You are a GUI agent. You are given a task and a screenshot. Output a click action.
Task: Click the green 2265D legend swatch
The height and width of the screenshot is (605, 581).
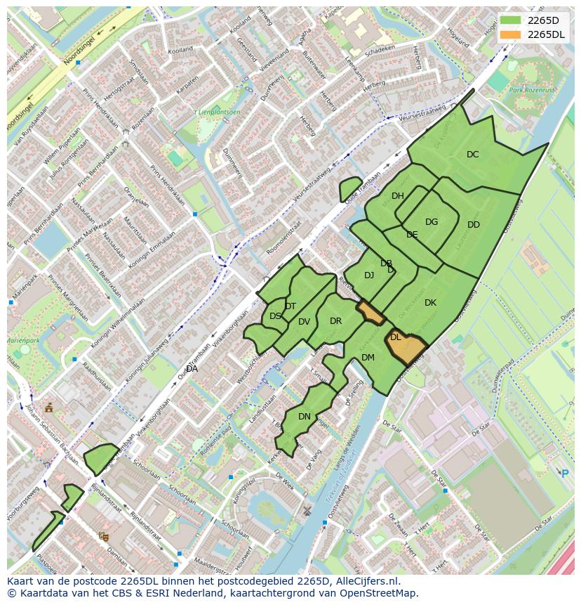510,20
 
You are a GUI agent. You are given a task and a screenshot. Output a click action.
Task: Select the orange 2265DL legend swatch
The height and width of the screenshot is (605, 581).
510,34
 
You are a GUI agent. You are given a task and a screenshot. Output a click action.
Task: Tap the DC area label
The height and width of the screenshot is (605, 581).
473,155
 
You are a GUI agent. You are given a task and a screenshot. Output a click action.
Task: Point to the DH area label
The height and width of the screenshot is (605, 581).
398,196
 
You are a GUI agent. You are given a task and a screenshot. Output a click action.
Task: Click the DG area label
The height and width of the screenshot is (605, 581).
432,222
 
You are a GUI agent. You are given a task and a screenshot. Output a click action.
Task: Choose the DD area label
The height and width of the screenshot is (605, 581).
474,225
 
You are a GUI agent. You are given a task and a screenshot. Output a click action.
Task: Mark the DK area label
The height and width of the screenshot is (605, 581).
430,303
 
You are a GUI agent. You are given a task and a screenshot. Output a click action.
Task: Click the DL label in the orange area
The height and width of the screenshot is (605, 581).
396,337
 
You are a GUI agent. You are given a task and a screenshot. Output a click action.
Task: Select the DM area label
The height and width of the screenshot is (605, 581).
368,358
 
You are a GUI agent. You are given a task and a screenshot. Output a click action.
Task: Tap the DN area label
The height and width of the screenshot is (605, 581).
305,417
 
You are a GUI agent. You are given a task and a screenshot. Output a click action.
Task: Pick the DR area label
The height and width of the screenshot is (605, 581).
335,321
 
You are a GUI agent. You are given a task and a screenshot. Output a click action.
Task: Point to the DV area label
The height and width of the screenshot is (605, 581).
304,322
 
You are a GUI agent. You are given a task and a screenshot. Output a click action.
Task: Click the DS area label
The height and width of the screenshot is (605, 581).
275,316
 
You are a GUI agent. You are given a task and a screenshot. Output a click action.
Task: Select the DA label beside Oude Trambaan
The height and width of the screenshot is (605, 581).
192,369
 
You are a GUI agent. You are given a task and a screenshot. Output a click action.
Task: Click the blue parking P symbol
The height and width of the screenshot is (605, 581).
565,474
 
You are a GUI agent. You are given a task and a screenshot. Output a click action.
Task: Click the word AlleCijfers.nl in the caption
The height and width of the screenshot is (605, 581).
366,581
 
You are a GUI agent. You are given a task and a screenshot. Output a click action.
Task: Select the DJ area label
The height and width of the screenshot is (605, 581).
369,275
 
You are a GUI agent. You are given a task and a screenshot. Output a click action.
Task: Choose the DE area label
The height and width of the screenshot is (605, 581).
412,235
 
